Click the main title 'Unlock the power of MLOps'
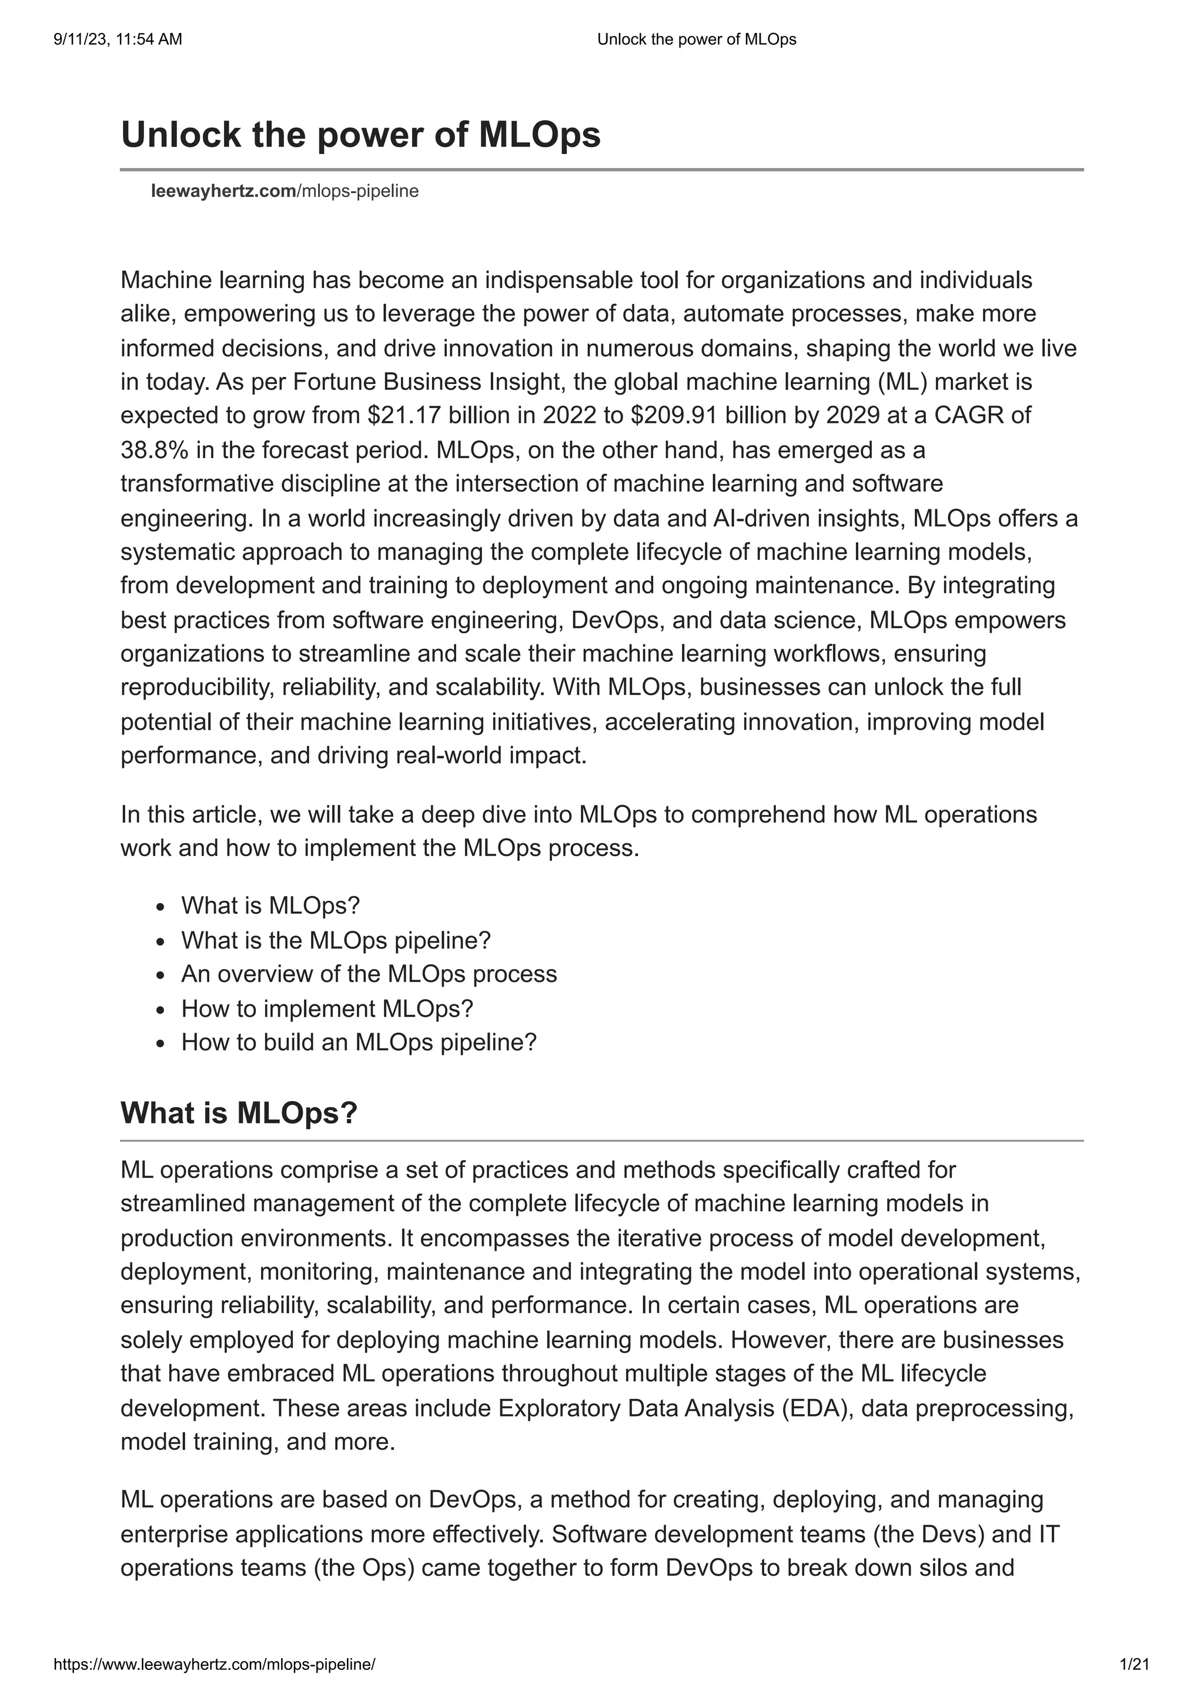[x=360, y=135]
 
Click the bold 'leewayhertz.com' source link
[x=223, y=192]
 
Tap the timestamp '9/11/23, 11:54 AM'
[x=118, y=39]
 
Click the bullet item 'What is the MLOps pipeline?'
[x=336, y=940]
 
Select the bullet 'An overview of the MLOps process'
[x=369, y=974]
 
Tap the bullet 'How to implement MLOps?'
[x=327, y=1008]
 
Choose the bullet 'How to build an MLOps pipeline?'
[x=358, y=1043]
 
